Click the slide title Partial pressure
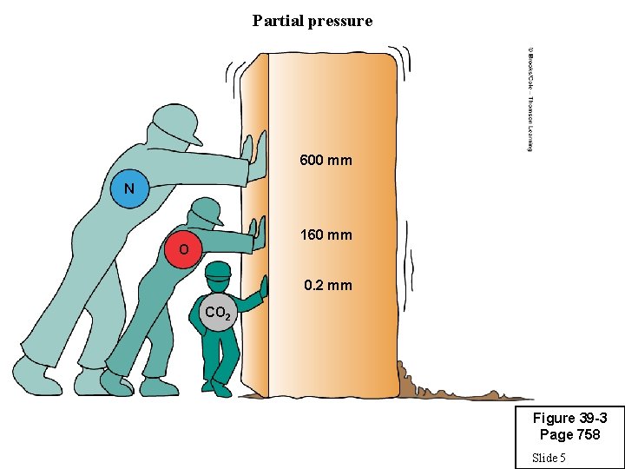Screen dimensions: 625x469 [312, 20]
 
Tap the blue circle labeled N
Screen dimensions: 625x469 [129, 188]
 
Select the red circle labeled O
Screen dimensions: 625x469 [183, 250]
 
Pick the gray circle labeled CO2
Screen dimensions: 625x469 [216, 312]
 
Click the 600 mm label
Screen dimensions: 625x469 [326, 161]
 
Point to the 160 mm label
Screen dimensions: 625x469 [326, 234]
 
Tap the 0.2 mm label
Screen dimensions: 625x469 [327, 285]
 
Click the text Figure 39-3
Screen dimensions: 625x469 [569, 419]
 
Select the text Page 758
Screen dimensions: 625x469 [569, 434]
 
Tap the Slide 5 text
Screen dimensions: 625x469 [549, 458]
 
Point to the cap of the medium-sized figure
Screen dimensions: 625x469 [207, 210]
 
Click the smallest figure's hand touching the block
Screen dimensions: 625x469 [263, 287]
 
